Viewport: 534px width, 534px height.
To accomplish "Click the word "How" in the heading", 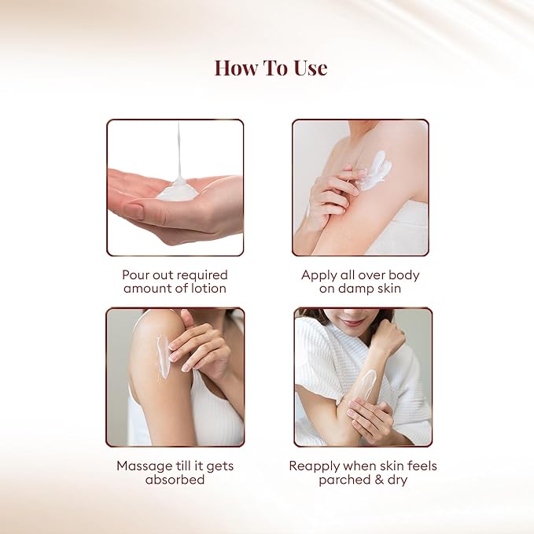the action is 237,68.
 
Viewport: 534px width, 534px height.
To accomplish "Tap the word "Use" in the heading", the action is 311,68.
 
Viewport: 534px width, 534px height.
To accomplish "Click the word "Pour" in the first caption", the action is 134,274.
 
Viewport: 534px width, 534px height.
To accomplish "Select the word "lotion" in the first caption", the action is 208,289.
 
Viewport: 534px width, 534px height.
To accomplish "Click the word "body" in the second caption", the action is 404,275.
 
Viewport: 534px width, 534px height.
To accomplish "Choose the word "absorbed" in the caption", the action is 175,480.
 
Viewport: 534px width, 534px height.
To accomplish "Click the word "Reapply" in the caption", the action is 314,466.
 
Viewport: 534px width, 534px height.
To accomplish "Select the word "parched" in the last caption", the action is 344,481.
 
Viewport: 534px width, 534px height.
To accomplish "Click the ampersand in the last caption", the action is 379,480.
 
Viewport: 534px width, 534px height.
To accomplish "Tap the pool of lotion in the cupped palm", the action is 178,191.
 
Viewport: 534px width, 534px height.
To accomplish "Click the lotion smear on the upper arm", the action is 376,171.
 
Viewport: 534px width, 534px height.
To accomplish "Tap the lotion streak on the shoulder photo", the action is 163,356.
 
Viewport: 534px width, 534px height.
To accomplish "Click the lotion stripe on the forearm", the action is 364,385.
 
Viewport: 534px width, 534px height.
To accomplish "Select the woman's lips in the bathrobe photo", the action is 353,322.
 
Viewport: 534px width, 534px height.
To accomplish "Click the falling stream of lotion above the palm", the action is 179,150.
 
